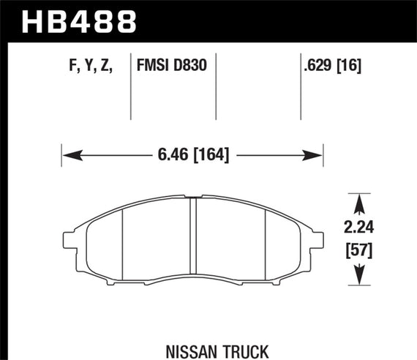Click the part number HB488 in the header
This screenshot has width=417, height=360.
tap(80, 20)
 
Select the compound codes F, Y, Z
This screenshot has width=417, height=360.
tap(90, 67)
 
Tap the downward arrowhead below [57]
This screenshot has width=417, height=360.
tap(358, 279)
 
